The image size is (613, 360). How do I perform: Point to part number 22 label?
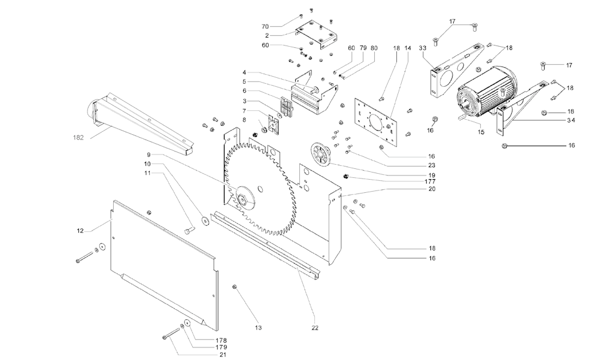coord(315,328)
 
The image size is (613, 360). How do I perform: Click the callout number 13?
coord(259,328)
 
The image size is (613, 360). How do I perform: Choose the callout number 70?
coord(265,27)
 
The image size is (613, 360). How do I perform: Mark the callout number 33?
coord(423,47)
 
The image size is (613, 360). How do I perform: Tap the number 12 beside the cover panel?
coord(80,229)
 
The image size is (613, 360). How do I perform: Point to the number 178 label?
coord(221,340)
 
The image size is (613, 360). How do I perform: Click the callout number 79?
coord(363,47)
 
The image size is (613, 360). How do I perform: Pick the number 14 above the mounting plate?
coord(408,47)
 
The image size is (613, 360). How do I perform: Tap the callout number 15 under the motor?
coord(480,131)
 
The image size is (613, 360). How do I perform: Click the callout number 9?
coord(149,155)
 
